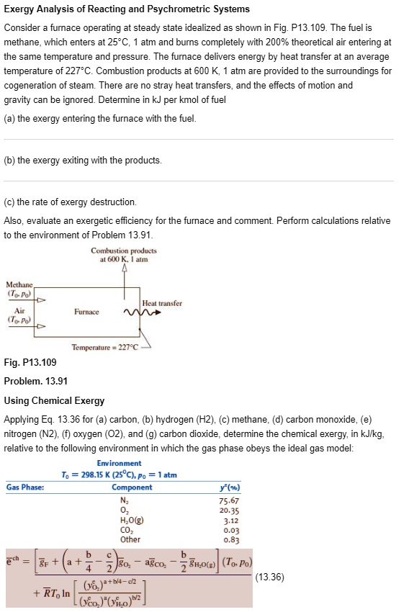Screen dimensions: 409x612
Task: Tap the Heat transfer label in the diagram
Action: pos(163,303)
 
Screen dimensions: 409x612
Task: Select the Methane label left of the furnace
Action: pos(20,286)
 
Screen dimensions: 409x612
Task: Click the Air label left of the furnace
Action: pos(20,312)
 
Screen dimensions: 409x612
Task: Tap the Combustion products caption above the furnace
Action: pos(124,255)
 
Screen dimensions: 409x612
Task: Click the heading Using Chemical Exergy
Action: pos(54,400)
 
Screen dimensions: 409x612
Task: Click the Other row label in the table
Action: pos(130,539)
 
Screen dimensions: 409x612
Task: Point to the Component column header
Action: pos(132,487)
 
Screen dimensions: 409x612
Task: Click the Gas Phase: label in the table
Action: pos(25,487)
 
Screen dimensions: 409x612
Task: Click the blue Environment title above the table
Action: pos(119,463)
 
